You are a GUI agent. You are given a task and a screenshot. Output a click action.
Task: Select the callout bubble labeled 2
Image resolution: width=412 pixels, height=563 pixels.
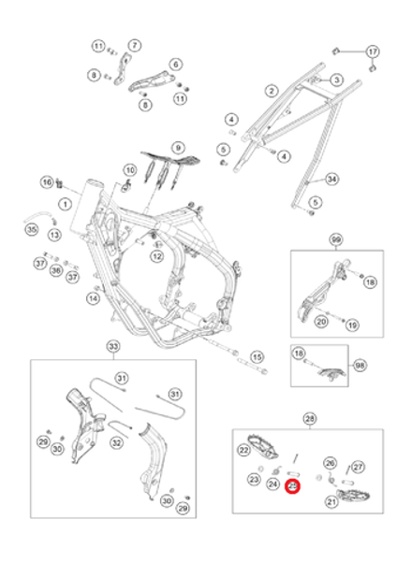click(271, 91)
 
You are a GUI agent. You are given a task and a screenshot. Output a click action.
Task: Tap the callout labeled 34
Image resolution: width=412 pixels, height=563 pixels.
click(332, 178)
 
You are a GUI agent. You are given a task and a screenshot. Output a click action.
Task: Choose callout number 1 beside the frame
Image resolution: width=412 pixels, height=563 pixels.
click(66, 203)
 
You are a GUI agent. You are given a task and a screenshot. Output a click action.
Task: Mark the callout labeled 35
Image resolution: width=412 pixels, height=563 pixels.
click(31, 230)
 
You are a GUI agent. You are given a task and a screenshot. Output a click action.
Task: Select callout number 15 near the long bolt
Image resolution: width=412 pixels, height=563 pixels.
click(256, 356)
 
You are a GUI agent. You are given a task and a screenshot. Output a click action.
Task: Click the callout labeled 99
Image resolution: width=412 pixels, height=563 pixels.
click(336, 241)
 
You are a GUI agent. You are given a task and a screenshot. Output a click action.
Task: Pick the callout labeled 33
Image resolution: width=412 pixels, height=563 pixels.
click(114, 347)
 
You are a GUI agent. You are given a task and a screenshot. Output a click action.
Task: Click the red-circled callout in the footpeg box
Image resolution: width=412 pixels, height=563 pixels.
click(294, 486)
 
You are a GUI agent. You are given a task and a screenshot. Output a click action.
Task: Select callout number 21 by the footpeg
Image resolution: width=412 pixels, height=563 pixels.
click(331, 502)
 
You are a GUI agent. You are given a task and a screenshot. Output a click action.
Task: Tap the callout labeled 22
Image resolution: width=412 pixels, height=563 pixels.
click(243, 452)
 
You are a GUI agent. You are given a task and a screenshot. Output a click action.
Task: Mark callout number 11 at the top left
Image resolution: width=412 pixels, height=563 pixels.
click(98, 46)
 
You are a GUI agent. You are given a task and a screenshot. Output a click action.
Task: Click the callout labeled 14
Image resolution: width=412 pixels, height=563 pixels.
click(93, 298)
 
